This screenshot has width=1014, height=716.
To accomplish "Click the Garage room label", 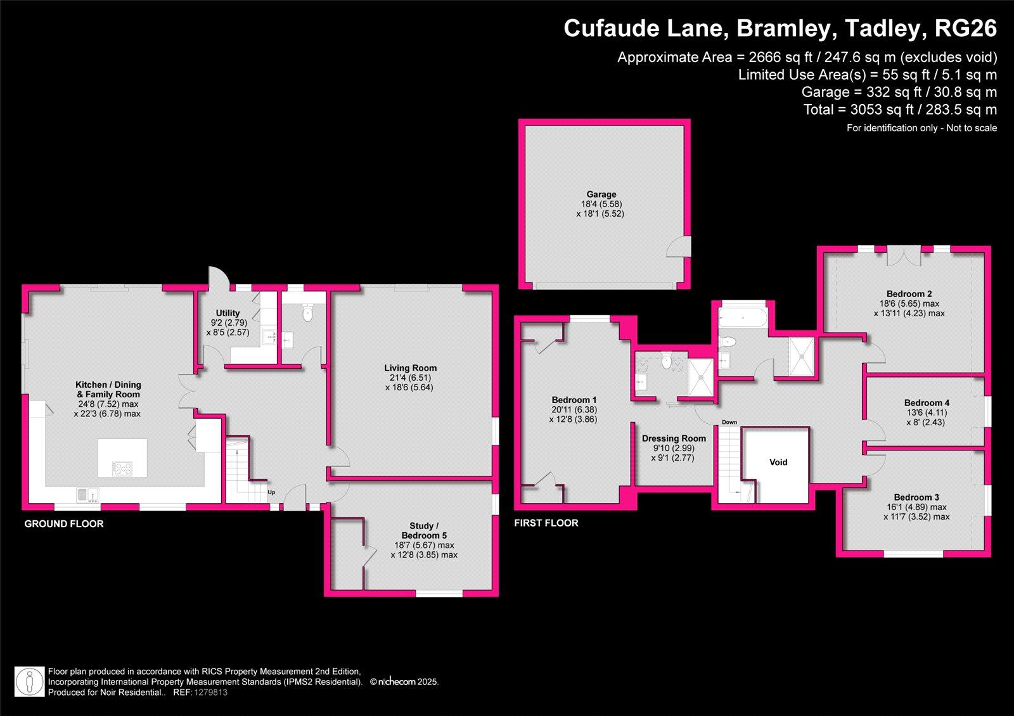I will tap(601, 195).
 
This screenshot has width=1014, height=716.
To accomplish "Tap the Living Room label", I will tap(410, 368).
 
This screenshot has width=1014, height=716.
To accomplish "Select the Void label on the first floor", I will tap(778, 463).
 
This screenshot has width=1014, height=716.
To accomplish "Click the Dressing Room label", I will tap(673, 438).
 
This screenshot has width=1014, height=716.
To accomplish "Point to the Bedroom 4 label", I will tap(926, 403).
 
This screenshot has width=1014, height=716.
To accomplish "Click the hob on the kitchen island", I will tap(122, 469).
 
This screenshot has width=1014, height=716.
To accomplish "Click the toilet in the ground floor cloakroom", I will tap(308, 312).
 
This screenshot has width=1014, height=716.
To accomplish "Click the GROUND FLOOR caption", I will tap(63, 524).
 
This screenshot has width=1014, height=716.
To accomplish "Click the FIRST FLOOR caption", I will tap(546, 523).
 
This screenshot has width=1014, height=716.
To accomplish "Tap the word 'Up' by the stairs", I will tap(271, 492).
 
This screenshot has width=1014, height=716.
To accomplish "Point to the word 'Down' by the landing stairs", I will tap(729, 422).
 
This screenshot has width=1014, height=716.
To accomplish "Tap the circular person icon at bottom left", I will tap(29, 682).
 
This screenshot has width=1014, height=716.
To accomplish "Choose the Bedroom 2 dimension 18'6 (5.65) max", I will tap(908, 304).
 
